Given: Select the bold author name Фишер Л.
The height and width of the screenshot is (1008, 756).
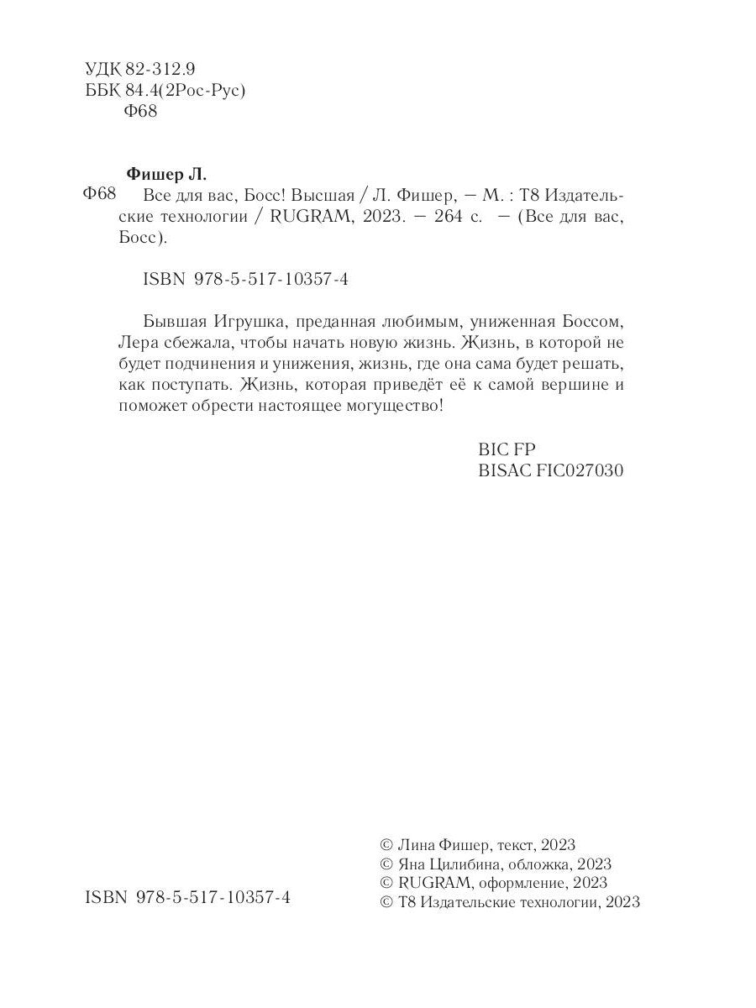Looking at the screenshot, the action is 165,175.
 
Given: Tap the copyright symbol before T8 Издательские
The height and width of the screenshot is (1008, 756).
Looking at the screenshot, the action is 386,902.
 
